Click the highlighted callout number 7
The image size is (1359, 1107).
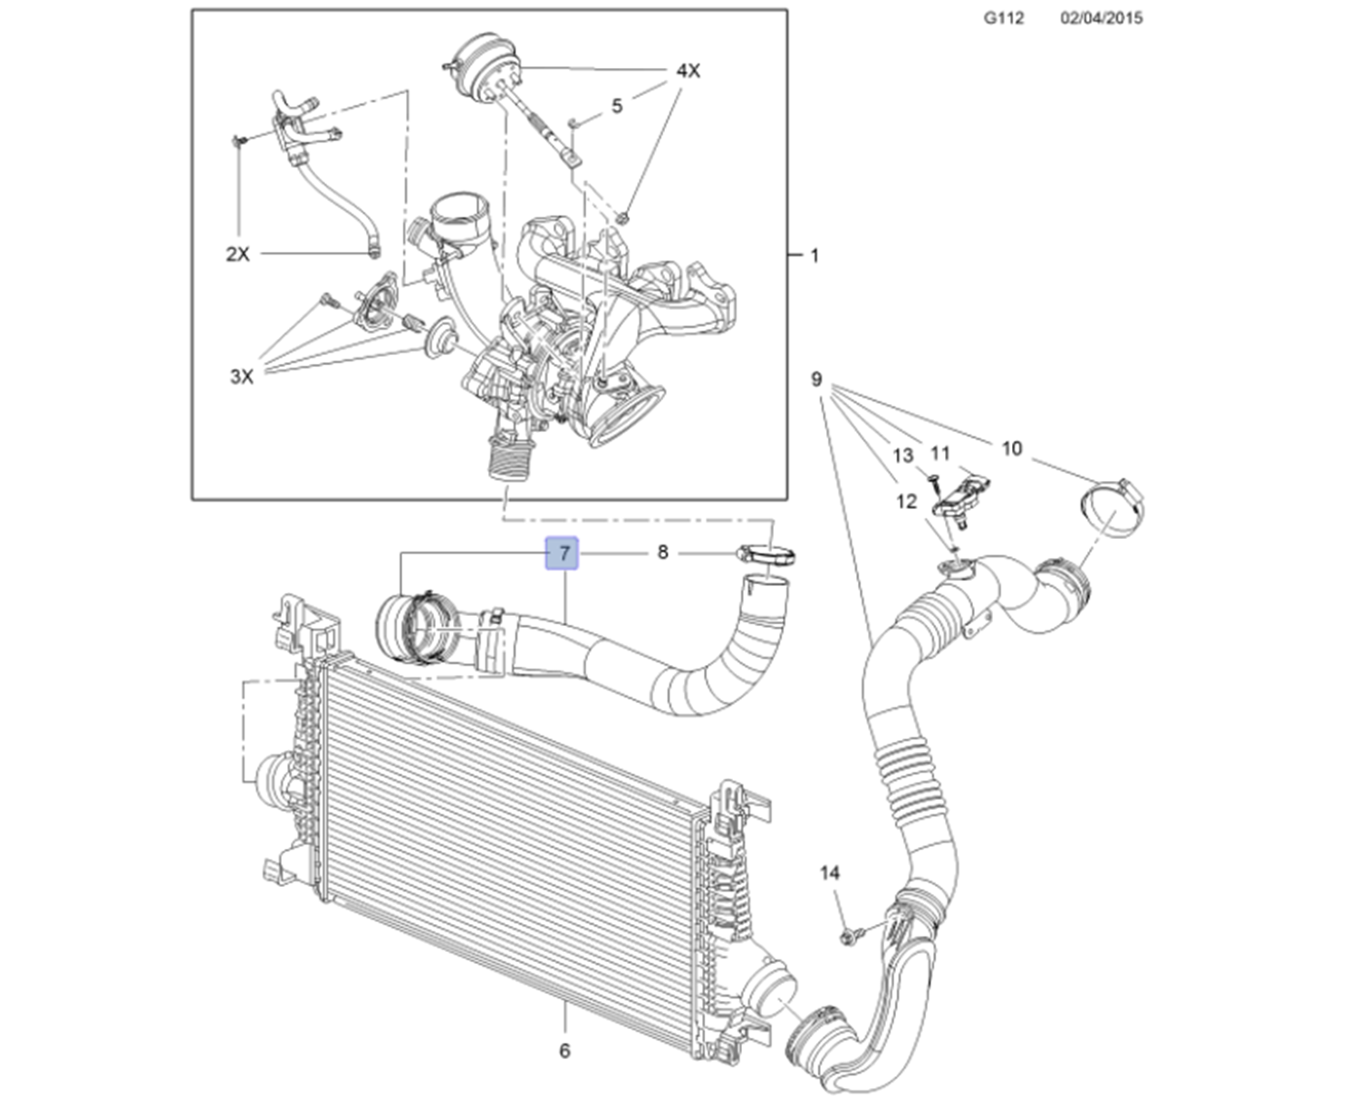coord(562,553)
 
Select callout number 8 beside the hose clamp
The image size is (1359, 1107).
coord(663,552)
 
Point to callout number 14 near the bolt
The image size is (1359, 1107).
coord(829,873)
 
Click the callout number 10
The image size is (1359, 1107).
coord(1012,448)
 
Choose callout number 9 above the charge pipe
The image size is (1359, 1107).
coord(816,380)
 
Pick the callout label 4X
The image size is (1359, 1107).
coord(688,71)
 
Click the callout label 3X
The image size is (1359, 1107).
coord(242,377)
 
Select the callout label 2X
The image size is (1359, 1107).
coord(237,254)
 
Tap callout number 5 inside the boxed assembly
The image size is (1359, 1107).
coord(616,106)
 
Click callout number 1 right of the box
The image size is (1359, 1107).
coord(814,255)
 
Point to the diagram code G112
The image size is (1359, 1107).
coord(1003,18)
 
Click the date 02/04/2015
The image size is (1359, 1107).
coord(1102,18)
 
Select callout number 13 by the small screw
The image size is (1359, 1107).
coord(902,456)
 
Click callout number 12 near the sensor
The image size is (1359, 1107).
coord(905,502)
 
